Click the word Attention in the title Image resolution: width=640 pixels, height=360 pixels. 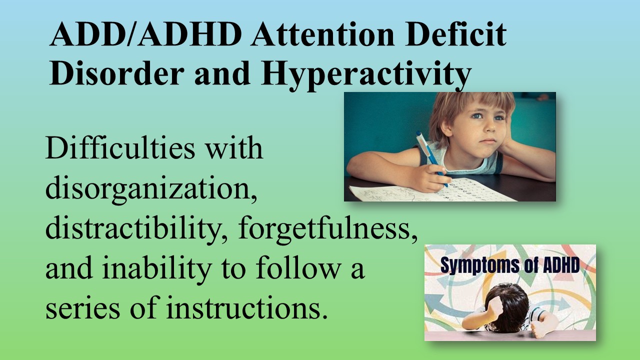(323, 34)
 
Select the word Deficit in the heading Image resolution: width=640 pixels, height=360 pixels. (456, 34)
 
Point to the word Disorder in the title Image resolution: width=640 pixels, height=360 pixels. (117, 73)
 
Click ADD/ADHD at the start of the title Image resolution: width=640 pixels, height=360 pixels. (145, 34)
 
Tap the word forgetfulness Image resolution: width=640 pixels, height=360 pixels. (327, 229)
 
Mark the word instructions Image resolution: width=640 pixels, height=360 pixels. (246, 307)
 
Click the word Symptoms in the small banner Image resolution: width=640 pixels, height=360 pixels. (479, 265)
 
